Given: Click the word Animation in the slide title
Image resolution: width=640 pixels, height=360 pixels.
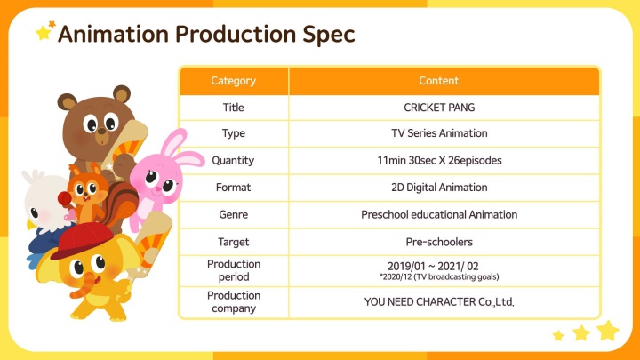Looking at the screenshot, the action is pyautogui.click(x=113, y=34).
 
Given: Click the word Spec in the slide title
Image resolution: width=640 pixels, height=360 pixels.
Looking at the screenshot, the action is pyautogui.click(x=329, y=35).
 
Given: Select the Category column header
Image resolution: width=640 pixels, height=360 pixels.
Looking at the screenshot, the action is pyautogui.click(x=234, y=81).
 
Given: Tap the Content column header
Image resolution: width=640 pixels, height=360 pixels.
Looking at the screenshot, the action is pyautogui.click(x=439, y=80).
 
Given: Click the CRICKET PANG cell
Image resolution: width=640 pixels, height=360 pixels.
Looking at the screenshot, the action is pyautogui.click(x=439, y=108).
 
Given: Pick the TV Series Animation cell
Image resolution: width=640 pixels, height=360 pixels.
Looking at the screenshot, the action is pyautogui.click(x=439, y=133).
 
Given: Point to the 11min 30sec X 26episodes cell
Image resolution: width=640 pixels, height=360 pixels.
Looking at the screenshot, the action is pyautogui.click(x=439, y=160).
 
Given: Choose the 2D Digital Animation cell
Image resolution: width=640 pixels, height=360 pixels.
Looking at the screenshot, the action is pyautogui.click(x=439, y=188).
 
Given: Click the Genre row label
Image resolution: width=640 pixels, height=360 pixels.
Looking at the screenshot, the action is pyautogui.click(x=234, y=214).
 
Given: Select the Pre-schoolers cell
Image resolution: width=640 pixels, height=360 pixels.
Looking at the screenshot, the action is pyautogui.click(x=439, y=242).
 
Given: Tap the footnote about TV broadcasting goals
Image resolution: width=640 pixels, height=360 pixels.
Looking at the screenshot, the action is pyautogui.click(x=439, y=276).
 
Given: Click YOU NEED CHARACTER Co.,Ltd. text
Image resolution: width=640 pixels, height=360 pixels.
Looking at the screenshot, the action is pyautogui.click(x=439, y=301).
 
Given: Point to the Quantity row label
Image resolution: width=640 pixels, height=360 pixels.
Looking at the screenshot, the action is pyautogui.click(x=233, y=160).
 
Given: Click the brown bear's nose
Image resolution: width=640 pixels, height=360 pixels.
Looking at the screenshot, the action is pyautogui.click(x=100, y=132).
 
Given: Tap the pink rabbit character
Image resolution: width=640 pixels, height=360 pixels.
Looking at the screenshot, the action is pyautogui.click(x=161, y=175).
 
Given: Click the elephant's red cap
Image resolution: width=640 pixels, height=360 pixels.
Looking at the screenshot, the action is pyautogui.click(x=82, y=240).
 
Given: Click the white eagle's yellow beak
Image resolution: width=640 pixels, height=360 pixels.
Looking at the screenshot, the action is pyautogui.click(x=31, y=225).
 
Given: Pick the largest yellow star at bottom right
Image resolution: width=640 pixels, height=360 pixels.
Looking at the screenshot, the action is pyautogui.click(x=608, y=330).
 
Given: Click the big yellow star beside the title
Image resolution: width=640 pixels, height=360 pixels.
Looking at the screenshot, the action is pyautogui.click(x=43, y=33).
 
